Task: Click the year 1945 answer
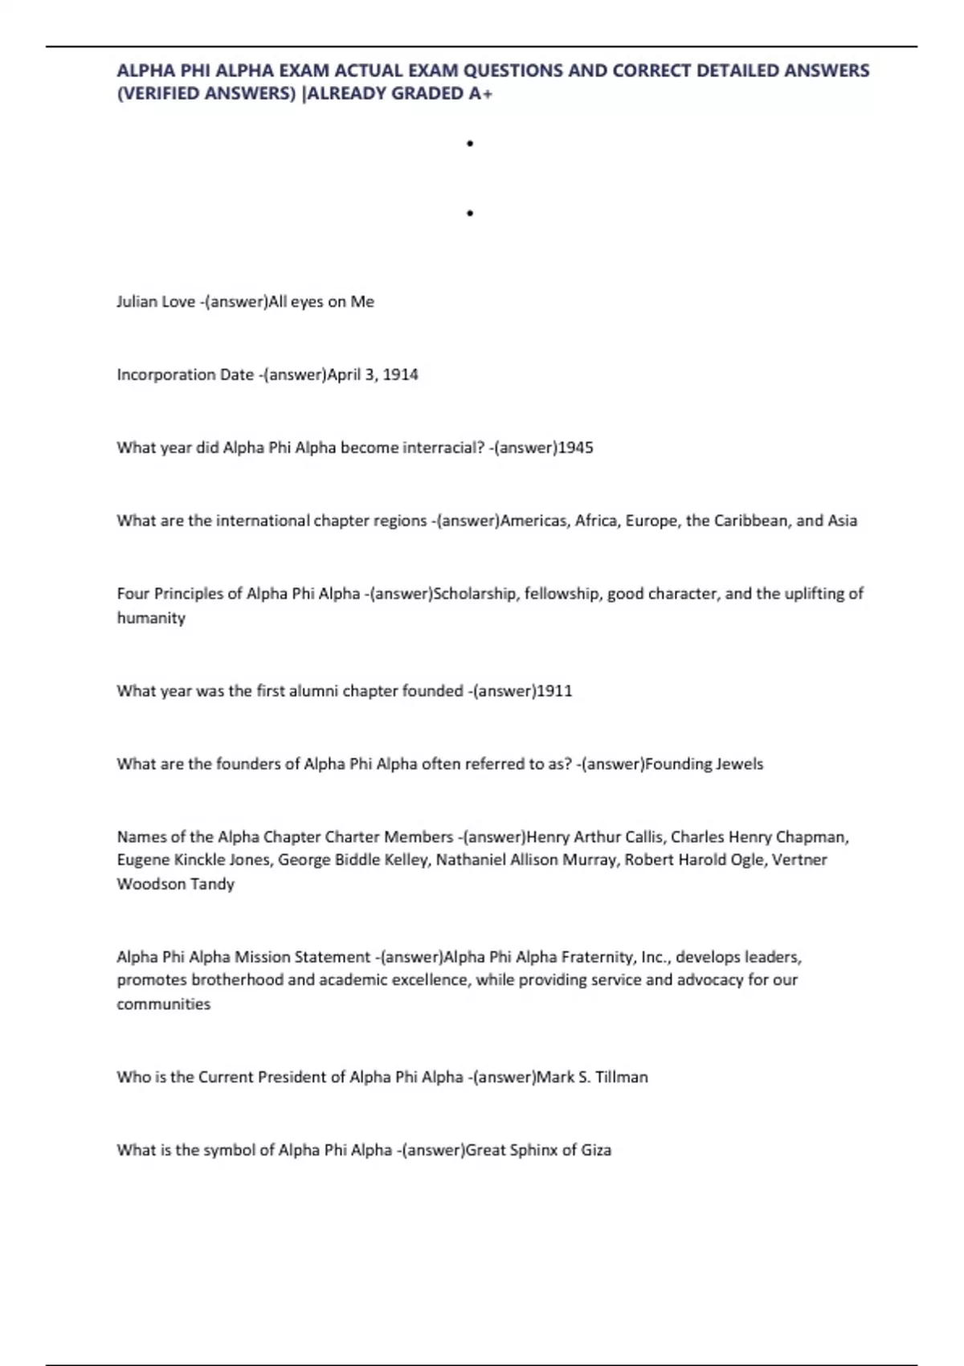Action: pyautogui.click(x=575, y=448)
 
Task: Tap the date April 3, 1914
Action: pyautogui.click(x=373, y=374)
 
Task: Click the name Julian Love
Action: pyautogui.click(x=156, y=302)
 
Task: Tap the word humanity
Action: pyautogui.click(x=151, y=618)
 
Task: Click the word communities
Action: pyautogui.click(x=164, y=1004)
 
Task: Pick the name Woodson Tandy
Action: pyautogui.click(x=175, y=884)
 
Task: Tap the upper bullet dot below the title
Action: pyautogui.click(x=470, y=144)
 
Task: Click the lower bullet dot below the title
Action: pyautogui.click(x=470, y=213)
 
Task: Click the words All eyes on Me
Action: pyautogui.click(x=321, y=302)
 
